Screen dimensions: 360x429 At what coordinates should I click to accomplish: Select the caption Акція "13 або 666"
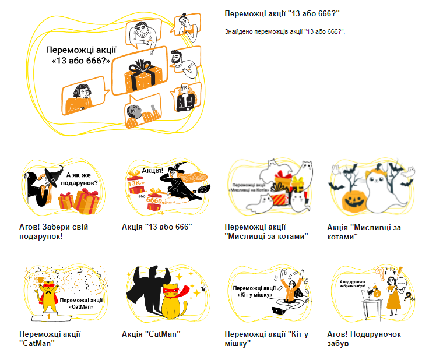(157, 226)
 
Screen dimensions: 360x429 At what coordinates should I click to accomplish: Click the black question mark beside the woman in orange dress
(407, 297)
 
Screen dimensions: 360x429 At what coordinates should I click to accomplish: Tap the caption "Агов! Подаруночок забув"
(364, 338)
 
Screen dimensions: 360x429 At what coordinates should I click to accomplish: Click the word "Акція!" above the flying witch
(153, 171)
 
